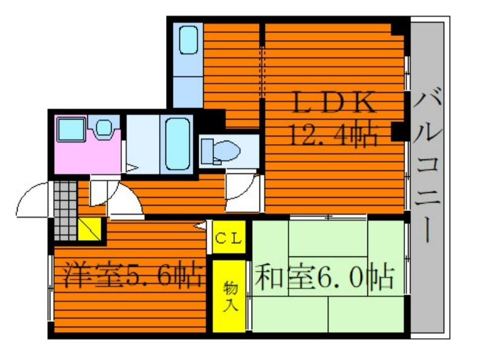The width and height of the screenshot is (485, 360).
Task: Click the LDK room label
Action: [x=334, y=102]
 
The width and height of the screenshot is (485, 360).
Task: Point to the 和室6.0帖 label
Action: [x=324, y=276]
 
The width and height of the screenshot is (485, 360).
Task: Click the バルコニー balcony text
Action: [x=428, y=164]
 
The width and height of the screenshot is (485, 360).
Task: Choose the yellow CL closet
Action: [x=229, y=237]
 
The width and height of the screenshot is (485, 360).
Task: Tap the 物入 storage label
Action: [x=231, y=296]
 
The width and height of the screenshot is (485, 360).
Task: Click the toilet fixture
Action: [x=221, y=152]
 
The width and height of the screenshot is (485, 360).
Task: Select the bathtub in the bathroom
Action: [x=177, y=144]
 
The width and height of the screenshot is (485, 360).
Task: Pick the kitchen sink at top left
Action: [x=189, y=40]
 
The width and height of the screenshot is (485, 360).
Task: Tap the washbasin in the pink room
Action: [x=104, y=127]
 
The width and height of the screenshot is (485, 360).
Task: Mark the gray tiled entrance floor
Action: [x=65, y=211]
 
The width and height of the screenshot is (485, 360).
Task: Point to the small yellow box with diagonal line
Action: [x=89, y=229]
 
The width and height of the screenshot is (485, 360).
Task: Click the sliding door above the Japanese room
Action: [x=328, y=218]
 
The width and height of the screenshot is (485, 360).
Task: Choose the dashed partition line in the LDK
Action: [x=263, y=72]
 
